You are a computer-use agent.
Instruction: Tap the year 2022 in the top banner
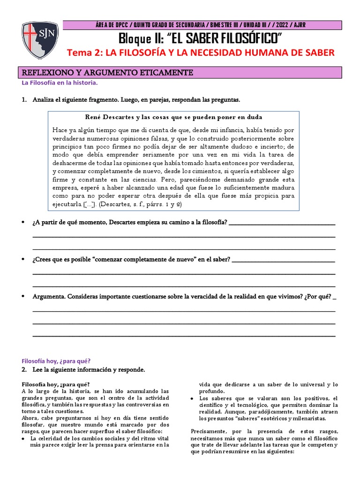point(281,25)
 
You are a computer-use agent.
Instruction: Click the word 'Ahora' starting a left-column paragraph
point(30,412)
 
